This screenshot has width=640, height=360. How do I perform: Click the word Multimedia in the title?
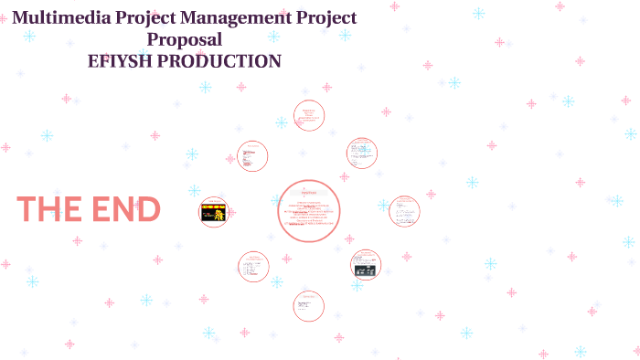point(58,17)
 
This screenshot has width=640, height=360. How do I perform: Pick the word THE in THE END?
point(49,209)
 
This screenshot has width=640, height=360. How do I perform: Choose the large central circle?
point(309,211)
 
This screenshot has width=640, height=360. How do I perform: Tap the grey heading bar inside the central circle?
point(308,193)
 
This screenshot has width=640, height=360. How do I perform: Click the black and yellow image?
point(213,213)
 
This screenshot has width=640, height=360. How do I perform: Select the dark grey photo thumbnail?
point(365,269)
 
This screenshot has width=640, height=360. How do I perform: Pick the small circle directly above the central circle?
point(309,116)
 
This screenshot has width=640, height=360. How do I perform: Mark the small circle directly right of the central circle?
point(404,211)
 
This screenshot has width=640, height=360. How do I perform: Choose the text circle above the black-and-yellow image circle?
point(252,156)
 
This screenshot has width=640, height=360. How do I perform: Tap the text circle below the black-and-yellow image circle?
point(253,267)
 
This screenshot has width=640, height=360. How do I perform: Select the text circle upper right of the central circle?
point(362,154)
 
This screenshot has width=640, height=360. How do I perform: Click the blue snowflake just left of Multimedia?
point(29,37)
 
